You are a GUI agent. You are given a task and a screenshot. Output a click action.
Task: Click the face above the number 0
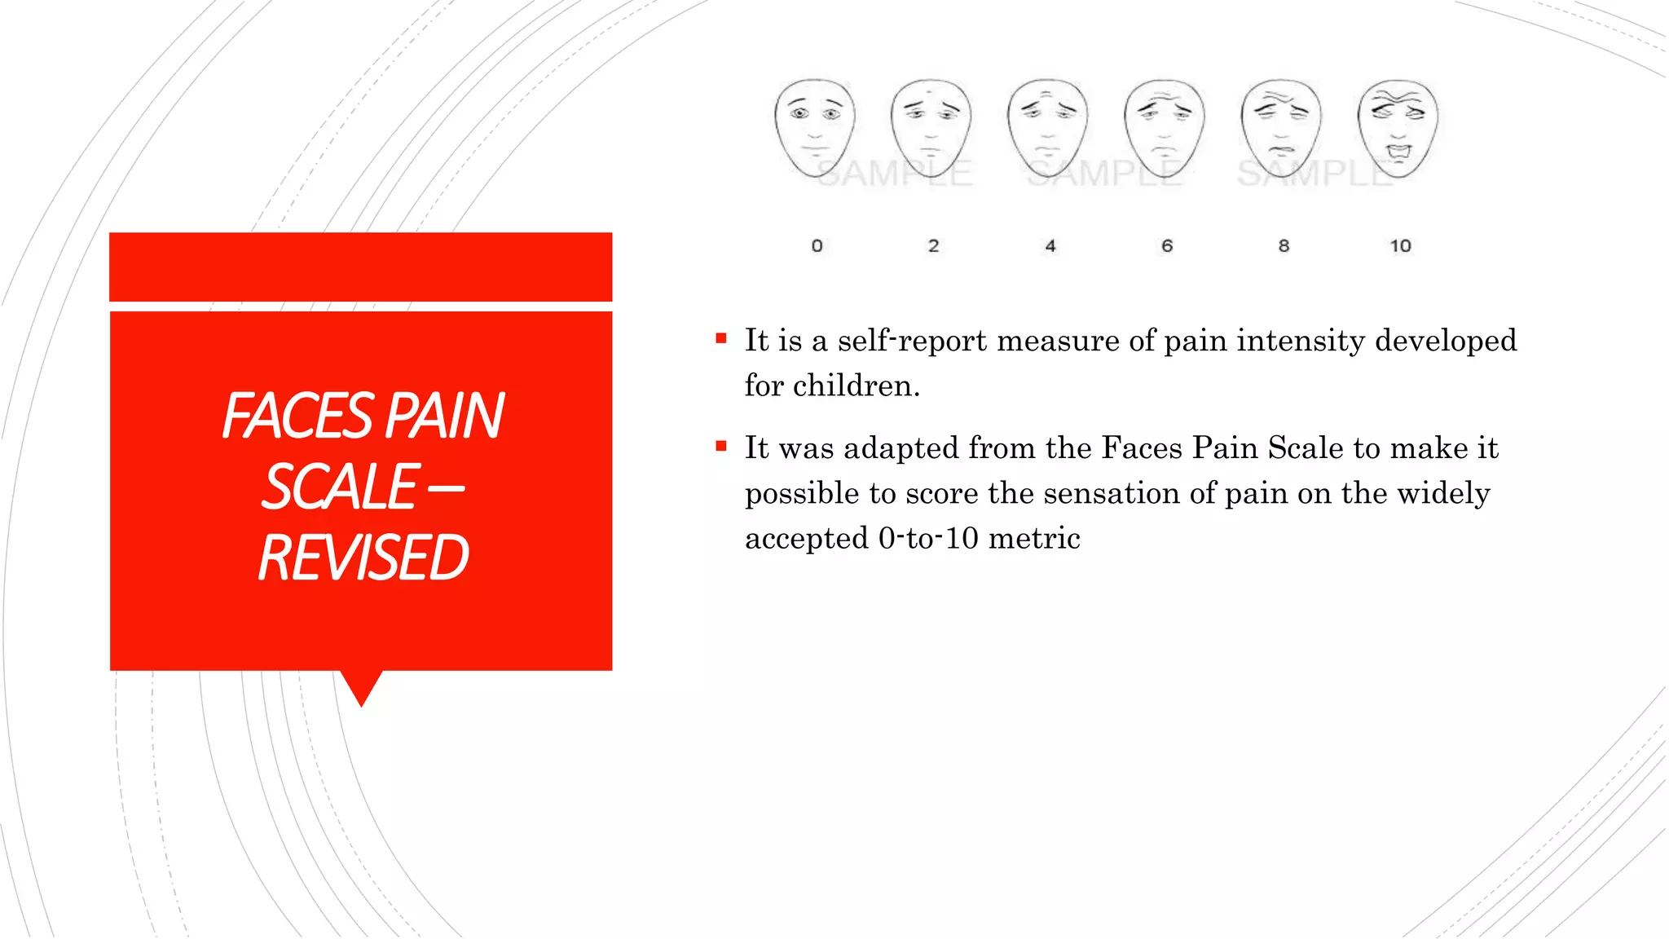[x=815, y=128]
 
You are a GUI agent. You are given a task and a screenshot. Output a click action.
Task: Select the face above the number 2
[x=931, y=128]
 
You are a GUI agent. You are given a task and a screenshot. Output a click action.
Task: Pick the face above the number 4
[x=1048, y=128]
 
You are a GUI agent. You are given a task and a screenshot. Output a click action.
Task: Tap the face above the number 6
[x=1165, y=128]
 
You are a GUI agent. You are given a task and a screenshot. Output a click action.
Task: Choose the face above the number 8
[x=1281, y=128]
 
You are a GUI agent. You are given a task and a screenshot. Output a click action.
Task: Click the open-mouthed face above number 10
[x=1398, y=128]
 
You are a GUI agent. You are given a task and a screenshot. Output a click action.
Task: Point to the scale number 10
[x=1400, y=245]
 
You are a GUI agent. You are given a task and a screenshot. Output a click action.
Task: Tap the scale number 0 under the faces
[x=817, y=245]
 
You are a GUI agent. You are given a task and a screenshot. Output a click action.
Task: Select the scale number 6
[x=1167, y=245]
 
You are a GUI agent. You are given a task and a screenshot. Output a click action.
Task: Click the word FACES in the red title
[x=297, y=417]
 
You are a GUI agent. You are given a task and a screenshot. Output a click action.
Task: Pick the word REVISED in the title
[x=363, y=558]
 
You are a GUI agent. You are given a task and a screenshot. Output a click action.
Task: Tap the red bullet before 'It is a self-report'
[x=721, y=338]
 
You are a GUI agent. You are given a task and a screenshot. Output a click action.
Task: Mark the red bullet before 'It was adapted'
[x=721, y=446]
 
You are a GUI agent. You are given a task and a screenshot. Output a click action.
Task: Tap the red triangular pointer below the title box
[x=362, y=687]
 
